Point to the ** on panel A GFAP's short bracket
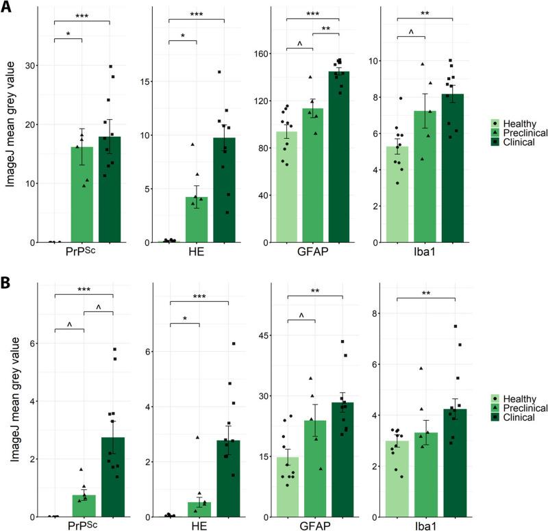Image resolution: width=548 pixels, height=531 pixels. pyautogui.click(x=327, y=29)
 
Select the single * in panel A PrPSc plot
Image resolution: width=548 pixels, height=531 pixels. pyautogui.click(x=68, y=33)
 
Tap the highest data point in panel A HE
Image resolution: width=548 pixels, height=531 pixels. pyautogui.click(x=219, y=71)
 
